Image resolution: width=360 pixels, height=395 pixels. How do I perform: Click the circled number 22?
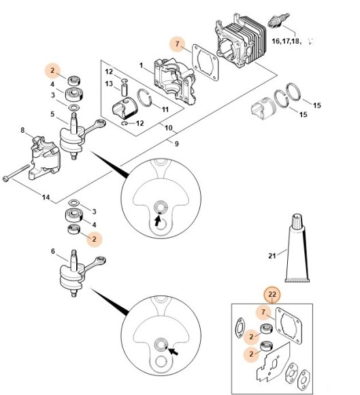point(274,294)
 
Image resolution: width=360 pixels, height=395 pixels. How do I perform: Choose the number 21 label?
point(272,257)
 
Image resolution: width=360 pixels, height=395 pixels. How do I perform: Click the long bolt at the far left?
point(18,175)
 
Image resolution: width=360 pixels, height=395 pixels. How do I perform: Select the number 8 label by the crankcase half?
point(22,130)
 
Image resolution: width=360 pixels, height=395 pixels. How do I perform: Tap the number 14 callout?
point(46,197)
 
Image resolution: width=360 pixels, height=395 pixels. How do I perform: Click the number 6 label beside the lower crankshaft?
point(54,252)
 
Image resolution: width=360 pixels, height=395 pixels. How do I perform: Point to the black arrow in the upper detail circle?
point(158,220)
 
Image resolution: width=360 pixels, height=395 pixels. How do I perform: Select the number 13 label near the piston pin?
point(109,84)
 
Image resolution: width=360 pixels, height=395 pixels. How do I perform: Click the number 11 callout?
point(165,109)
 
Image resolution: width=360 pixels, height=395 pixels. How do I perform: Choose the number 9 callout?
point(176,144)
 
